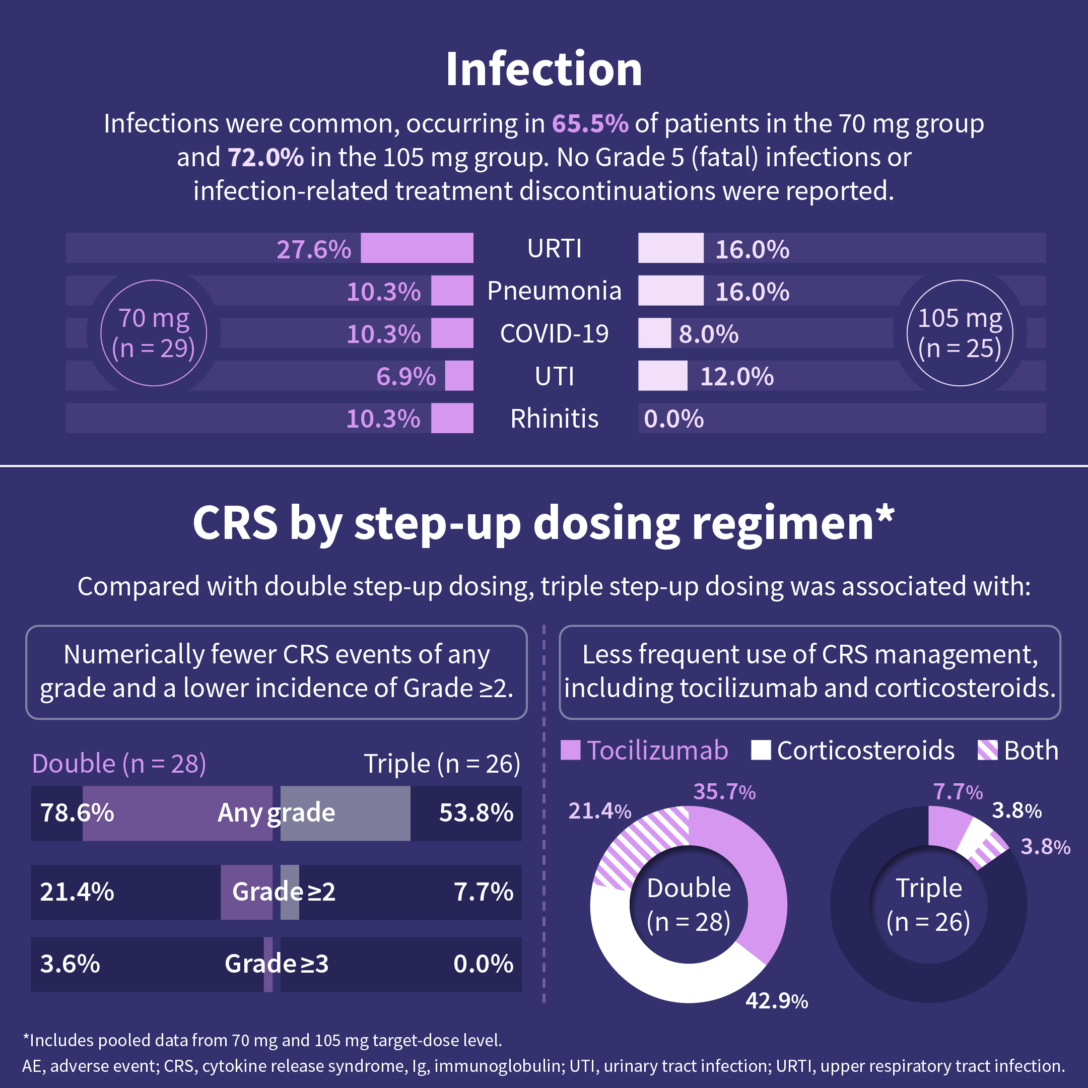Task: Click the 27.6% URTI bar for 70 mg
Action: point(417,248)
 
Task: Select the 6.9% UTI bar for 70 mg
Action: point(459,376)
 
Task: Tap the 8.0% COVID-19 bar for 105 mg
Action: point(654,333)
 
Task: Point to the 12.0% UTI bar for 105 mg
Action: point(662,376)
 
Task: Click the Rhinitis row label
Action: point(554,419)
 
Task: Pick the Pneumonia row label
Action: point(554,291)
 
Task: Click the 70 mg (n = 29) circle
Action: point(154,333)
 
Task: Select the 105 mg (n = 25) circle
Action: point(960,333)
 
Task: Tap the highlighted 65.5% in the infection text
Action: point(590,123)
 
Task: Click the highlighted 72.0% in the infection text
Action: point(265,157)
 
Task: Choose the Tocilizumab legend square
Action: point(571,750)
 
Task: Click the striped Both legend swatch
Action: point(987,750)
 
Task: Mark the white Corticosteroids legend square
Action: point(761,750)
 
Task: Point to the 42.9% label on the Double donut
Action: point(777,1001)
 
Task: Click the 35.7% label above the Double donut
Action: point(724,792)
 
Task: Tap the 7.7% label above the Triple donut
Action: point(958,792)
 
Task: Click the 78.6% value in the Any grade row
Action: point(77,812)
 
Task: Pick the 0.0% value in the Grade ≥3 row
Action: point(483,964)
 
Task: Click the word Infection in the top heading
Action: point(544,70)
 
